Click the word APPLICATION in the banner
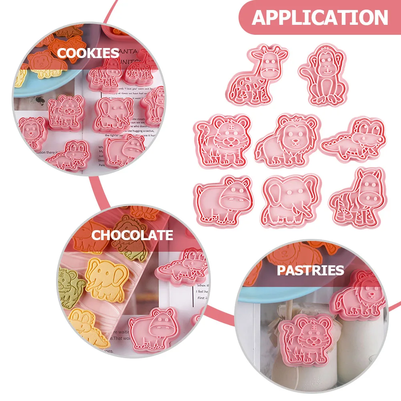(x=320, y=18)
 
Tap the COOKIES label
(x=88, y=53)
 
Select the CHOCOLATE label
(x=132, y=235)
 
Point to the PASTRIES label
(x=310, y=270)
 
